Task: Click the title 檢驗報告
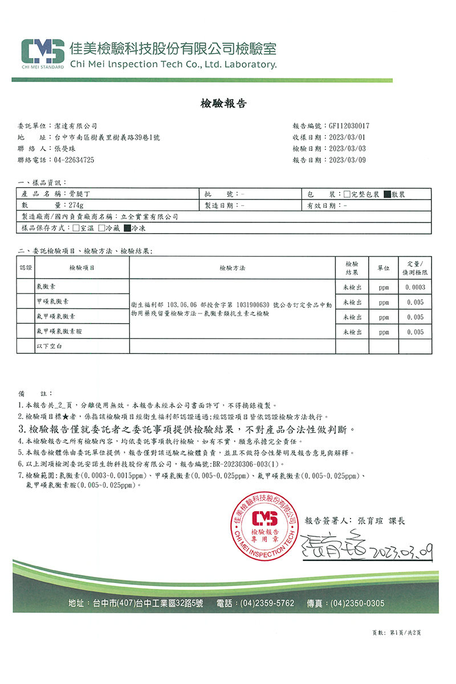click(223, 104)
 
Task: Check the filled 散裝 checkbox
click(387, 194)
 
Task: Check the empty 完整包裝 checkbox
click(348, 194)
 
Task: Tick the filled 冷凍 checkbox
click(128, 228)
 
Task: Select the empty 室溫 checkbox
click(76, 228)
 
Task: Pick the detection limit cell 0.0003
click(415, 287)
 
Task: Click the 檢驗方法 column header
click(232, 268)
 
